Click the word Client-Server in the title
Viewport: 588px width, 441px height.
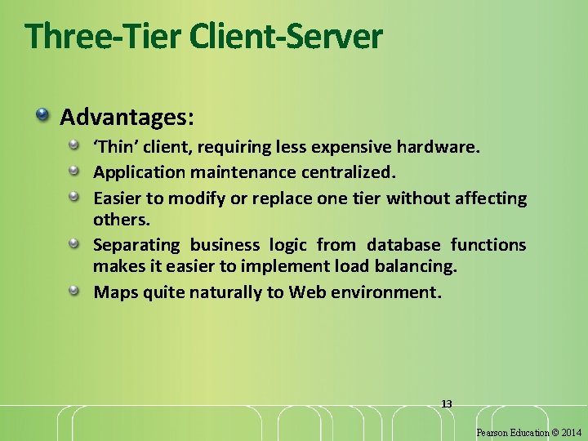tap(285, 36)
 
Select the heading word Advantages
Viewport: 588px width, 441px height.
tap(127, 117)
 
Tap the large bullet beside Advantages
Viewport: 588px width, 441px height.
tap(42, 114)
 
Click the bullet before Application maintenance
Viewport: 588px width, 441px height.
tap(73, 171)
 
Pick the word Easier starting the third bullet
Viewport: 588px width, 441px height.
tap(118, 198)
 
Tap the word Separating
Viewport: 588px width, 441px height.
tap(136, 245)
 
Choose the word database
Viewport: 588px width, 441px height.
tap(403, 245)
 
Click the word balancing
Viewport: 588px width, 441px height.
tap(416, 266)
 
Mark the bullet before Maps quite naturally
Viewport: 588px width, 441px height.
tap(73, 290)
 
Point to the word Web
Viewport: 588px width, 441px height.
tap(305, 292)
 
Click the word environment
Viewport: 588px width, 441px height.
tap(385, 292)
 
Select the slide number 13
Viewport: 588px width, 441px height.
tap(447, 403)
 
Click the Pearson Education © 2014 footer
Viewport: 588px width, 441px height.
tap(530, 432)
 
